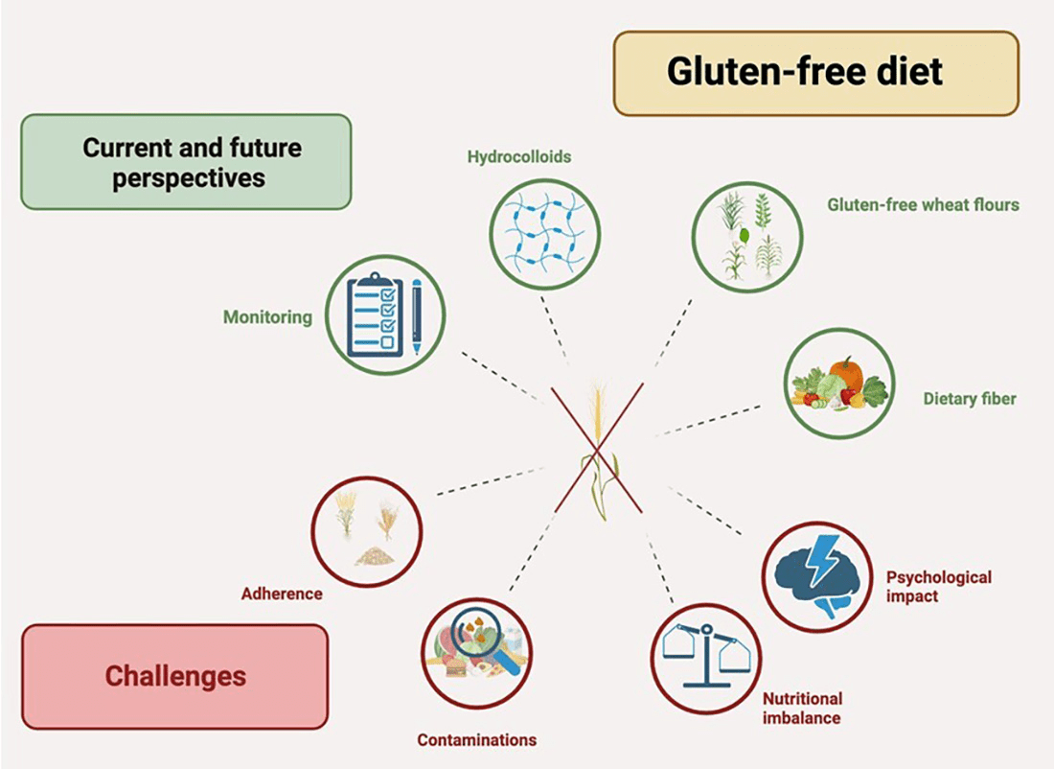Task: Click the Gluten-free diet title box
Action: coord(815,73)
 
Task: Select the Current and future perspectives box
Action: coord(186,162)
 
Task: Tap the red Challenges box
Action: coord(174,676)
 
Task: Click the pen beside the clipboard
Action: coord(416,317)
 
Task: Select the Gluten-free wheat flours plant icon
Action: coord(746,236)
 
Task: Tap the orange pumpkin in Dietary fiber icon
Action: coord(848,374)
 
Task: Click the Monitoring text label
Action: coord(267,317)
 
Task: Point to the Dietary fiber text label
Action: coord(970,399)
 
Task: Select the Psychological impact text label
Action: coord(938,586)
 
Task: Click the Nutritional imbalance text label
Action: coord(802,708)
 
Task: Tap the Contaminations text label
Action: coord(476,739)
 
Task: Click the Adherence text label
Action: coord(281,594)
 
